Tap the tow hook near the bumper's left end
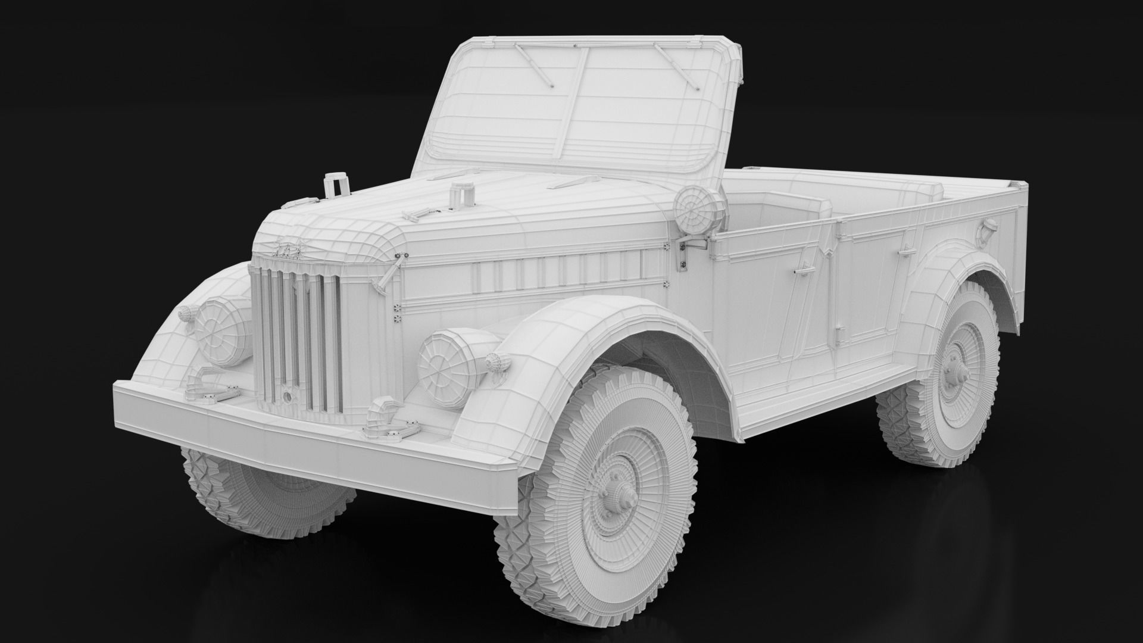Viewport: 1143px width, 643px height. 201,385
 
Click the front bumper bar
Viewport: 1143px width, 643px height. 310,441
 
